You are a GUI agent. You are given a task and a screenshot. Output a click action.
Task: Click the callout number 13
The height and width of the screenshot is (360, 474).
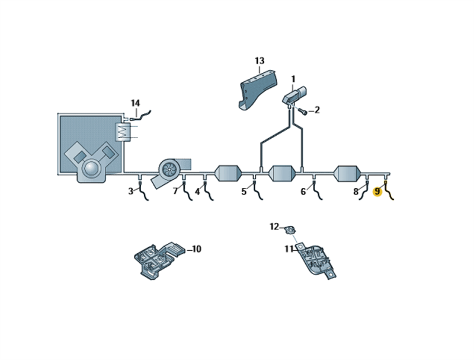coord(260,61)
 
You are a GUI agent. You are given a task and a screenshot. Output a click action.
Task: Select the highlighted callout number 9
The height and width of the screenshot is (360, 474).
coord(377,192)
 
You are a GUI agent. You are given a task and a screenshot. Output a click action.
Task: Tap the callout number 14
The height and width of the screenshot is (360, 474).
coord(136,103)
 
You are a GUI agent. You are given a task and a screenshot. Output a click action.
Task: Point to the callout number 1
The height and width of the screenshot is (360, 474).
coord(293,79)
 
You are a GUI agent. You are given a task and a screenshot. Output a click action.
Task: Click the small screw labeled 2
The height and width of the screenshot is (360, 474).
coord(303,112)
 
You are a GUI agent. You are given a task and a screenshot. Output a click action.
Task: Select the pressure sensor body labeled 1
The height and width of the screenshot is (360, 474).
coord(294,95)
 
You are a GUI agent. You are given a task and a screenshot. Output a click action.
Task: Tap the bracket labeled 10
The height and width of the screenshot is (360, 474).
coord(159,257)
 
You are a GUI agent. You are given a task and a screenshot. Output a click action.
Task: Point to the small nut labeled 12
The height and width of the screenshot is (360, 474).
coord(290,230)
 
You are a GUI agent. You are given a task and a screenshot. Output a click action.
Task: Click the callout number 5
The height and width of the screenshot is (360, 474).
coord(244,192)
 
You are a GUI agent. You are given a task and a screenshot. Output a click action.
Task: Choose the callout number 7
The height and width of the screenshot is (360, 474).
coord(175,191)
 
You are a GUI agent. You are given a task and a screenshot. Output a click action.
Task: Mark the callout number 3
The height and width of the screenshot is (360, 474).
coord(130,192)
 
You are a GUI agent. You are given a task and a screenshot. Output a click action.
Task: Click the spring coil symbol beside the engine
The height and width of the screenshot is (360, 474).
coord(123,132)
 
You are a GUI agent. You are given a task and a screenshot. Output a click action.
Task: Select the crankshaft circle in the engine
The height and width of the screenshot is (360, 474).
coord(91,168)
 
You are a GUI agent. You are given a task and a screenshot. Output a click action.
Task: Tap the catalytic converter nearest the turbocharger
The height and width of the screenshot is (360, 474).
coord(228,173)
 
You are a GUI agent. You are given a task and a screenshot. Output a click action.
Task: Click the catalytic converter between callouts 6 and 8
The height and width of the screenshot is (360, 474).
coord(347,174)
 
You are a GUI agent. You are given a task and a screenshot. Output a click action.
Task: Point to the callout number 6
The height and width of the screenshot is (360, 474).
coord(303,192)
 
